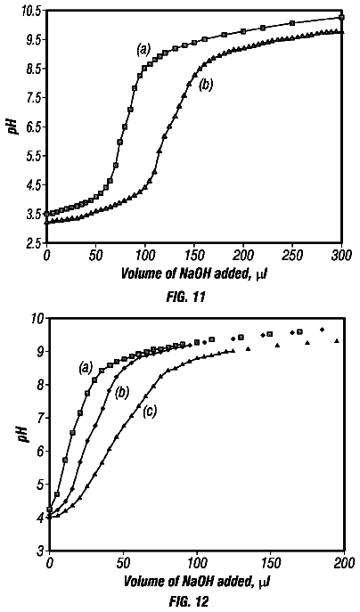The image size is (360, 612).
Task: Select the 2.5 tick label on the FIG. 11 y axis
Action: (32, 243)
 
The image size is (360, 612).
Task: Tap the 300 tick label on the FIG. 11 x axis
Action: (341, 256)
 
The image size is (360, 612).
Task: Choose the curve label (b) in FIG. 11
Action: (206, 85)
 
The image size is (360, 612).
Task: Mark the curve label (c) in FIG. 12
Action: (149, 412)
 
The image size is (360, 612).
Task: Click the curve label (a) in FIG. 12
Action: (86, 366)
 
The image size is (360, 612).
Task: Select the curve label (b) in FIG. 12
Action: (121, 393)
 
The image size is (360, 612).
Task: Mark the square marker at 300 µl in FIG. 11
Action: (341, 17)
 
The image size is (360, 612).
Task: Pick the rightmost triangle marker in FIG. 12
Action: (337, 340)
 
